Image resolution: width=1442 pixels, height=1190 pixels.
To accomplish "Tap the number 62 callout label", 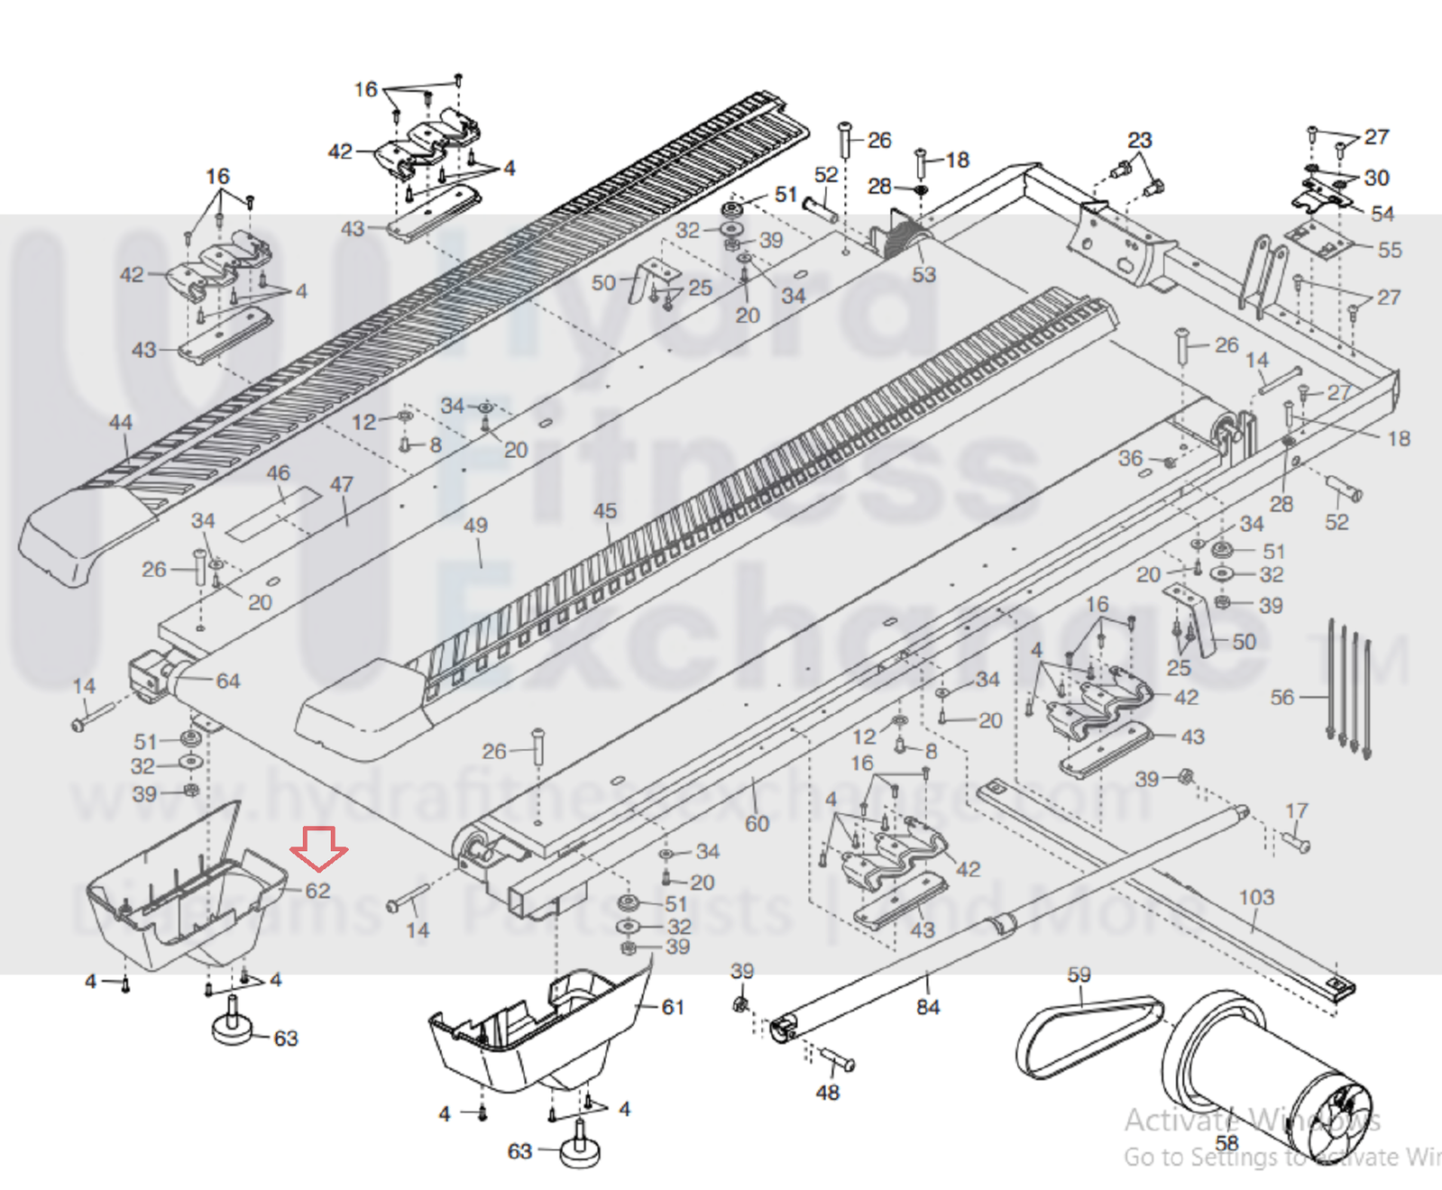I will (x=317, y=891).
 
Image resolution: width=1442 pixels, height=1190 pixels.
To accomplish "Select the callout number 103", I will (x=1256, y=897).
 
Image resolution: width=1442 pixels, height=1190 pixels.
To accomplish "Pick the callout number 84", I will (x=928, y=1006).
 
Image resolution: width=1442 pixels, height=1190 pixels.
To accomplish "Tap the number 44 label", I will (x=121, y=422).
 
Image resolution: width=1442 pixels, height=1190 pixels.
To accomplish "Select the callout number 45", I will (x=605, y=511).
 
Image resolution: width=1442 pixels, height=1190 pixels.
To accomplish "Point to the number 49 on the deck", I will (x=475, y=525).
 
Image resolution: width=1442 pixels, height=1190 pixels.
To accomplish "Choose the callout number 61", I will (x=673, y=1007).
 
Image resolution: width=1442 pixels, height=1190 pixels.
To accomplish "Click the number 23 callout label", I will (x=1140, y=140).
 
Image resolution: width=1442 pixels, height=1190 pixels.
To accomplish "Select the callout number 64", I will (x=228, y=681).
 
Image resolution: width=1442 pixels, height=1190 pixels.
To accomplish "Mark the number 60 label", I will (x=758, y=823).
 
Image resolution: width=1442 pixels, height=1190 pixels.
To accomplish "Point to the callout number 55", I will (x=1390, y=250).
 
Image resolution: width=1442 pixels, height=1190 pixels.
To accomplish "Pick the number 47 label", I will (x=342, y=484).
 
